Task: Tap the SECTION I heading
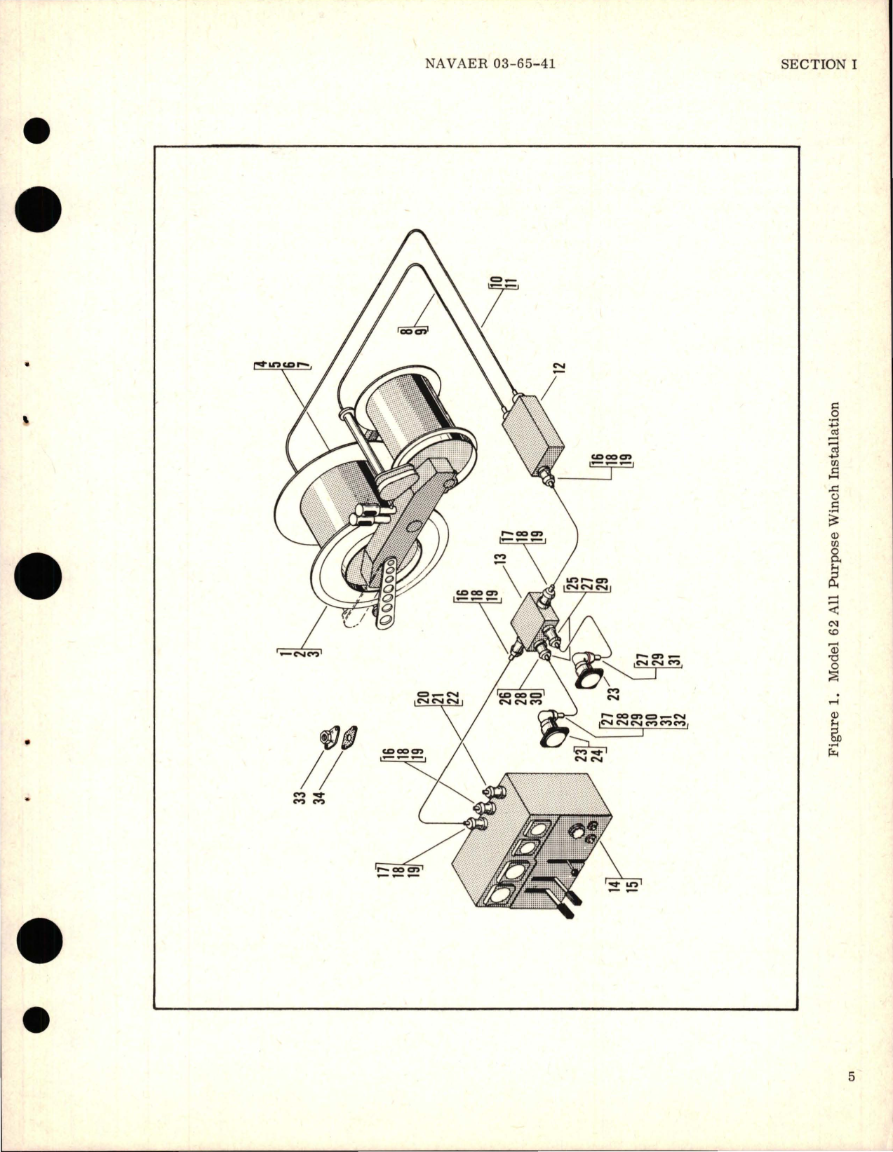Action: (819, 64)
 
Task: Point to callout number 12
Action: (561, 367)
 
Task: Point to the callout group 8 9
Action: (422, 329)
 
